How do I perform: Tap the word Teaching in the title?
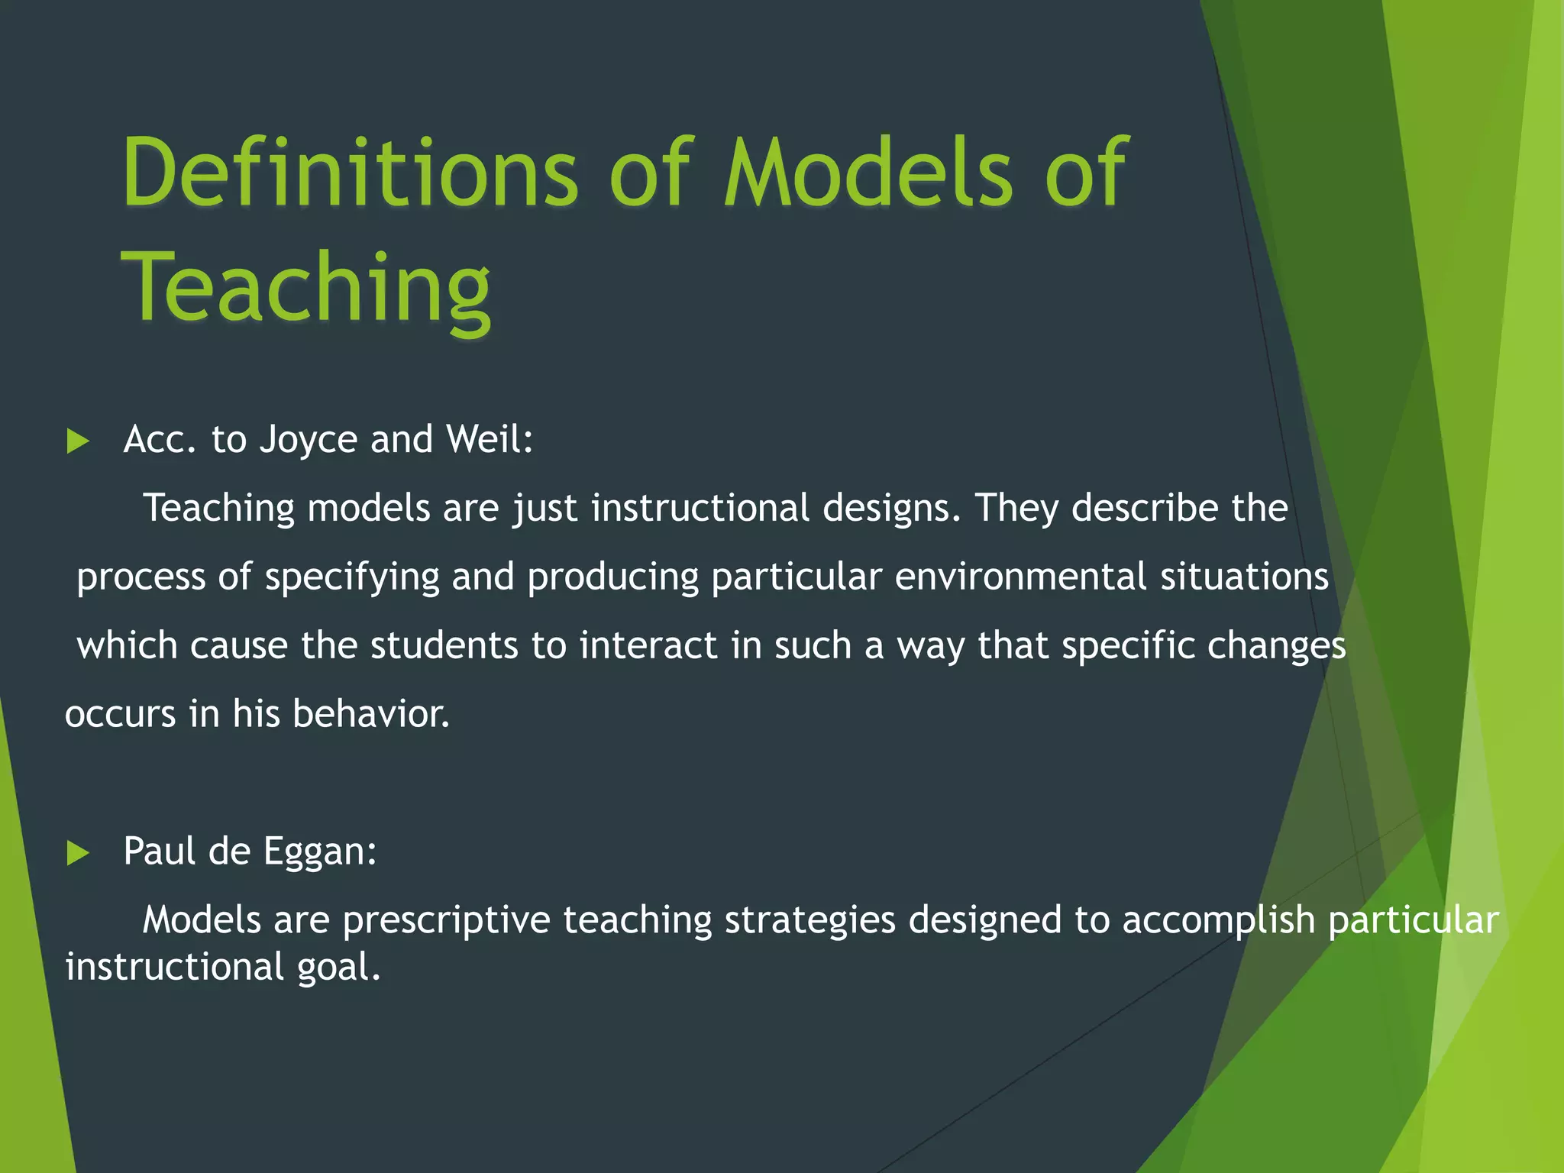[305, 287]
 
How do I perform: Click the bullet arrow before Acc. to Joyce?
[78, 441]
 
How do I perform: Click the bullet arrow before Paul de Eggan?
[78, 853]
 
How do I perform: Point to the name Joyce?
[309, 440]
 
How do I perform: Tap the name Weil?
[489, 439]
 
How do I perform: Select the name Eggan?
[320, 852]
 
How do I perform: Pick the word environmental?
[1020, 577]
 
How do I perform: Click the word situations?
[1245, 577]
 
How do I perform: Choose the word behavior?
[371, 714]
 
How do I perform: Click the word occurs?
[121, 715]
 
